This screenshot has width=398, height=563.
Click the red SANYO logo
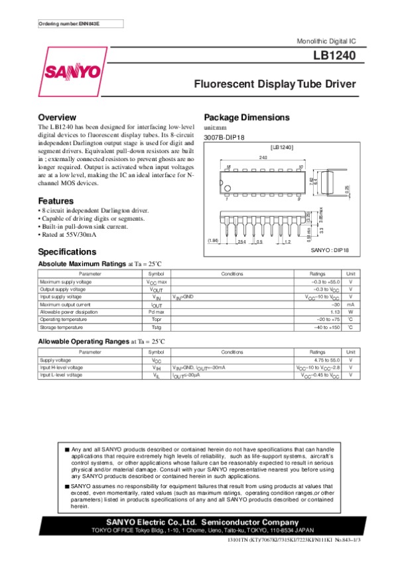(x=73, y=71)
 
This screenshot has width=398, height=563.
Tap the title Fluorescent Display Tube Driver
(x=275, y=84)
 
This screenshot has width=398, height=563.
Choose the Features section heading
(x=56, y=201)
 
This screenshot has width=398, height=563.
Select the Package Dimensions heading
(x=247, y=117)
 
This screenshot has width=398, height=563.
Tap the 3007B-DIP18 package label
(x=225, y=138)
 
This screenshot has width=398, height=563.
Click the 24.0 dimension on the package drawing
(x=263, y=157)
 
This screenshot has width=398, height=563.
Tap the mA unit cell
(x=350, y=304)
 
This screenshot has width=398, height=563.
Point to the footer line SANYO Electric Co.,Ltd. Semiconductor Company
(x=199, y=521)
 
